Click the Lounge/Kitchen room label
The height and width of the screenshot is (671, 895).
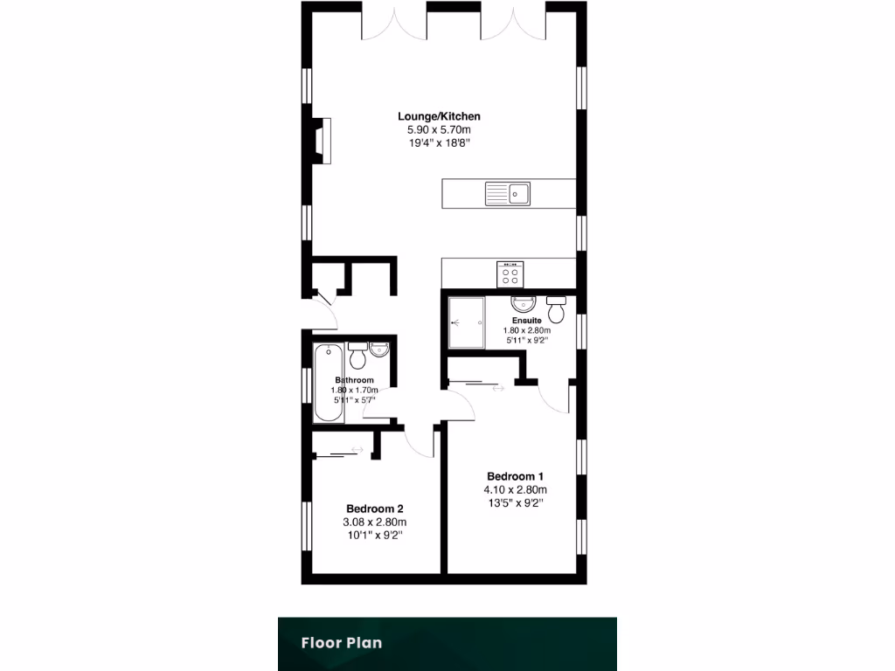click(439, 116)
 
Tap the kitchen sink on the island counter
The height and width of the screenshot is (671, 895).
click(508, 193)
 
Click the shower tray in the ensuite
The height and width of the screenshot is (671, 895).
click(465, 322)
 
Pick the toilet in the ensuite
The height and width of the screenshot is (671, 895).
click(556, 309)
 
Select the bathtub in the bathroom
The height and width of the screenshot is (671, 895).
click(329, 383)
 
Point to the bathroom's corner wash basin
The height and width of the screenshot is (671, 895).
click(379, 349)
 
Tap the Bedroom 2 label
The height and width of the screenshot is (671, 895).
click(374, 508)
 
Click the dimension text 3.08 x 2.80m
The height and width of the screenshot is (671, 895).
click(374, 522)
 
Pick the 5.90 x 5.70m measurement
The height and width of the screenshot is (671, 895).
click(439, 129)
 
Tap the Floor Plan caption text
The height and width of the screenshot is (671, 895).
click(342, 643)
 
